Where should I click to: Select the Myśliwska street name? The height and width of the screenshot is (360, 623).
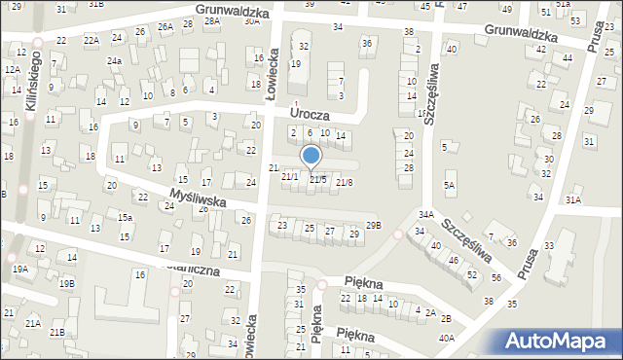point(199,198)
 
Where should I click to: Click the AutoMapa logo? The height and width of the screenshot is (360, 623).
point(562,342)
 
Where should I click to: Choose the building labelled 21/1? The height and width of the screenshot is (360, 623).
point(289,176)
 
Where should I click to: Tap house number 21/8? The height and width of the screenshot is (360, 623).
point(344,182)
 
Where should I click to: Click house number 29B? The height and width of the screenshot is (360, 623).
point(373,226)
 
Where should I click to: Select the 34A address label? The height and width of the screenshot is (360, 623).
point(425,214)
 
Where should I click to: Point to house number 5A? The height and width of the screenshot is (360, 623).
point(449,185)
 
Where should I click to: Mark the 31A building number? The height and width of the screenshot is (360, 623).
point(573,199)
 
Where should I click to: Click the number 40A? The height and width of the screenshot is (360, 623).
point(446,338)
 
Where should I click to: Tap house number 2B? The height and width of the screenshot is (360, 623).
point(445,318)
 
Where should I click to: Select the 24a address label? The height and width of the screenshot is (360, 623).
point(115,61)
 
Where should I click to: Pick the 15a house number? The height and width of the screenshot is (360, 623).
point(125,217)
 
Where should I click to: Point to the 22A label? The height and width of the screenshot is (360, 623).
point(91,40)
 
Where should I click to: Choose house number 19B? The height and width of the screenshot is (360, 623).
point(66,283)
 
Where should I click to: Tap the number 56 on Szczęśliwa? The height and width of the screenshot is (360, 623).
point(496,278)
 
